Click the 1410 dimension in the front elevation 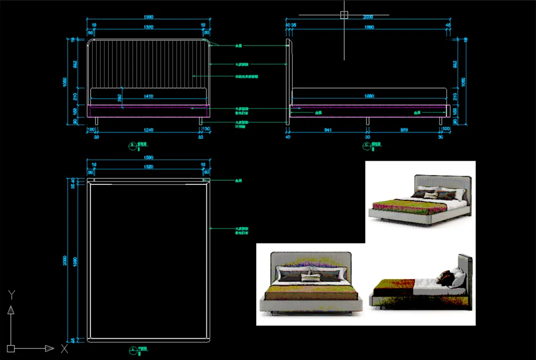[148, 96]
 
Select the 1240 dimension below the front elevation [148, 130]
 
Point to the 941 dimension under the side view [328, 130]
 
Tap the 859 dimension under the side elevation [404, 130]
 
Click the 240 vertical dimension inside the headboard [119, 98]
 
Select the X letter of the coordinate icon [64, 349]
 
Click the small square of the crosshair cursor [344, 15]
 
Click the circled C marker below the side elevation [367, 146]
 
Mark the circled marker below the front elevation [132, 146]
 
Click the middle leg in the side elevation [367, 121]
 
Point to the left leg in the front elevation [96, 121]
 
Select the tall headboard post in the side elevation [288, 82]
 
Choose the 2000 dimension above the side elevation [367, 17]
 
